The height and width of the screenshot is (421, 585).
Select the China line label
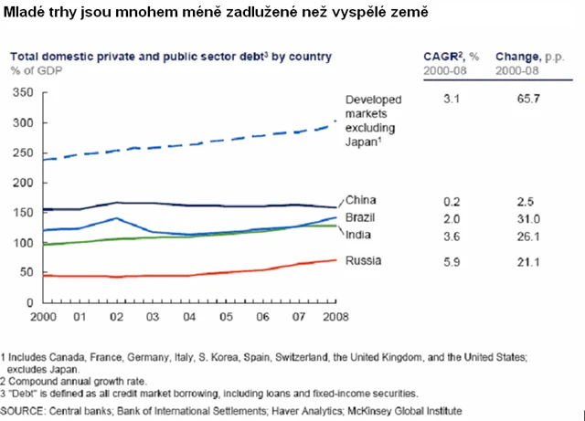pyautogui.click(x=361, y=200)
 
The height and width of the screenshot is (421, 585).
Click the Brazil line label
pyautogui.click(x=361, y=218)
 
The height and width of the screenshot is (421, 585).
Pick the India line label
pyautogui.click(x=359, y=235)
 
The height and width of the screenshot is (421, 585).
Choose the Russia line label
pyautogui.click(x=363, y=260)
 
